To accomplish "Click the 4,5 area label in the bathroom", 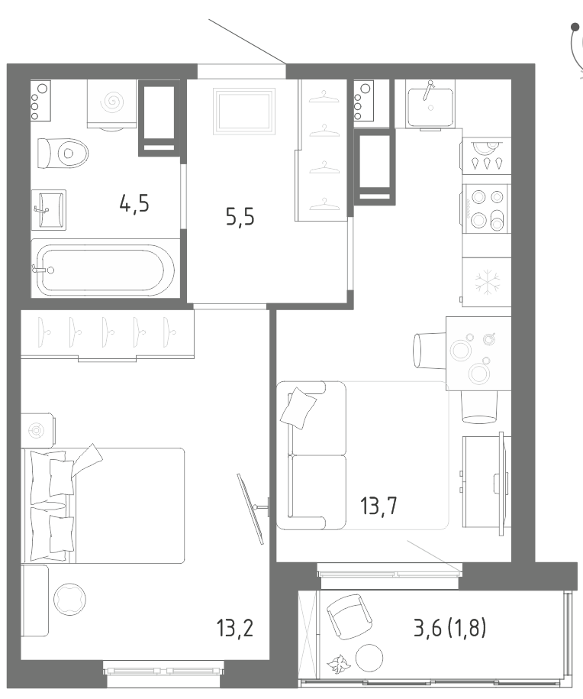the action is point(134,204).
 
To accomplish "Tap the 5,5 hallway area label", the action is point(240,217).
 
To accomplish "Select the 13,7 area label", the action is point(378,506).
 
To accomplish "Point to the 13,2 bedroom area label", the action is point(235,628).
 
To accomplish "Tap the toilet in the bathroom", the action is point(63,153).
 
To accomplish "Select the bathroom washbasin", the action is point(49,209).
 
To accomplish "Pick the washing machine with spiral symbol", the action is point(111,104).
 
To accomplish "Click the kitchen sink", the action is point(430,105).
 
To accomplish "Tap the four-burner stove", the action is point(486,209).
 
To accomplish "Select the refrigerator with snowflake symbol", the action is point(486,282).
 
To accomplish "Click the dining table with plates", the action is point(478,354).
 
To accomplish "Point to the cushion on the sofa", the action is point(298,408).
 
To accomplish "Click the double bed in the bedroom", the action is point(103,506).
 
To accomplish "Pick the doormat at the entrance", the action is point(244,111).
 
